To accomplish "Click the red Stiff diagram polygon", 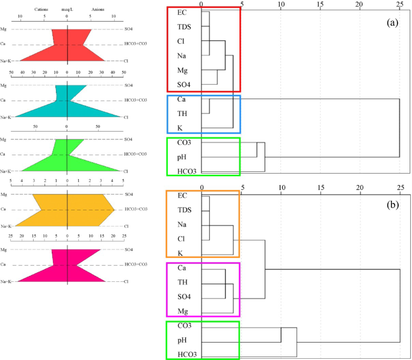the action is [x=66, y=46].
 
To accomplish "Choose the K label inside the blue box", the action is [x=181, y=127].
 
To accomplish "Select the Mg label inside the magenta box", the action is [x=183, y=311].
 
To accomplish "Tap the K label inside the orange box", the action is [x=181, y=252].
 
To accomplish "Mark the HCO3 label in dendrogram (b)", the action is [x=187, y=354].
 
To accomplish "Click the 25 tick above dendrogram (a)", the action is [x=400, y=4].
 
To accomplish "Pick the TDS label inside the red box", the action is [x=185, y=26].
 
